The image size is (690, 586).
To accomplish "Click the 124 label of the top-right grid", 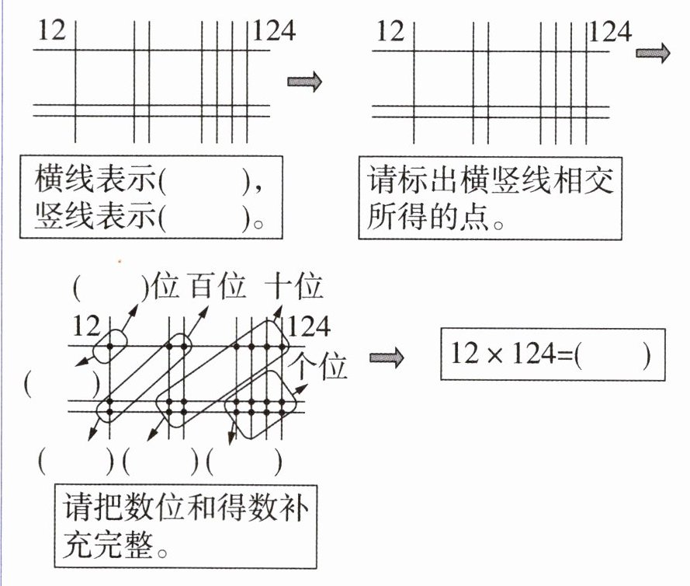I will [610, 32].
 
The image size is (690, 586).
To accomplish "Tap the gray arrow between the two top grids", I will [303, 82].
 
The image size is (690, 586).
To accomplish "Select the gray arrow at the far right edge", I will [653, 53].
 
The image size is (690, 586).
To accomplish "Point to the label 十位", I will [293, 289].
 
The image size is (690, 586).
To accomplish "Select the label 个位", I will [321, 365].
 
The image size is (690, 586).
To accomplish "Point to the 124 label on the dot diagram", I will [309, 326].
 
